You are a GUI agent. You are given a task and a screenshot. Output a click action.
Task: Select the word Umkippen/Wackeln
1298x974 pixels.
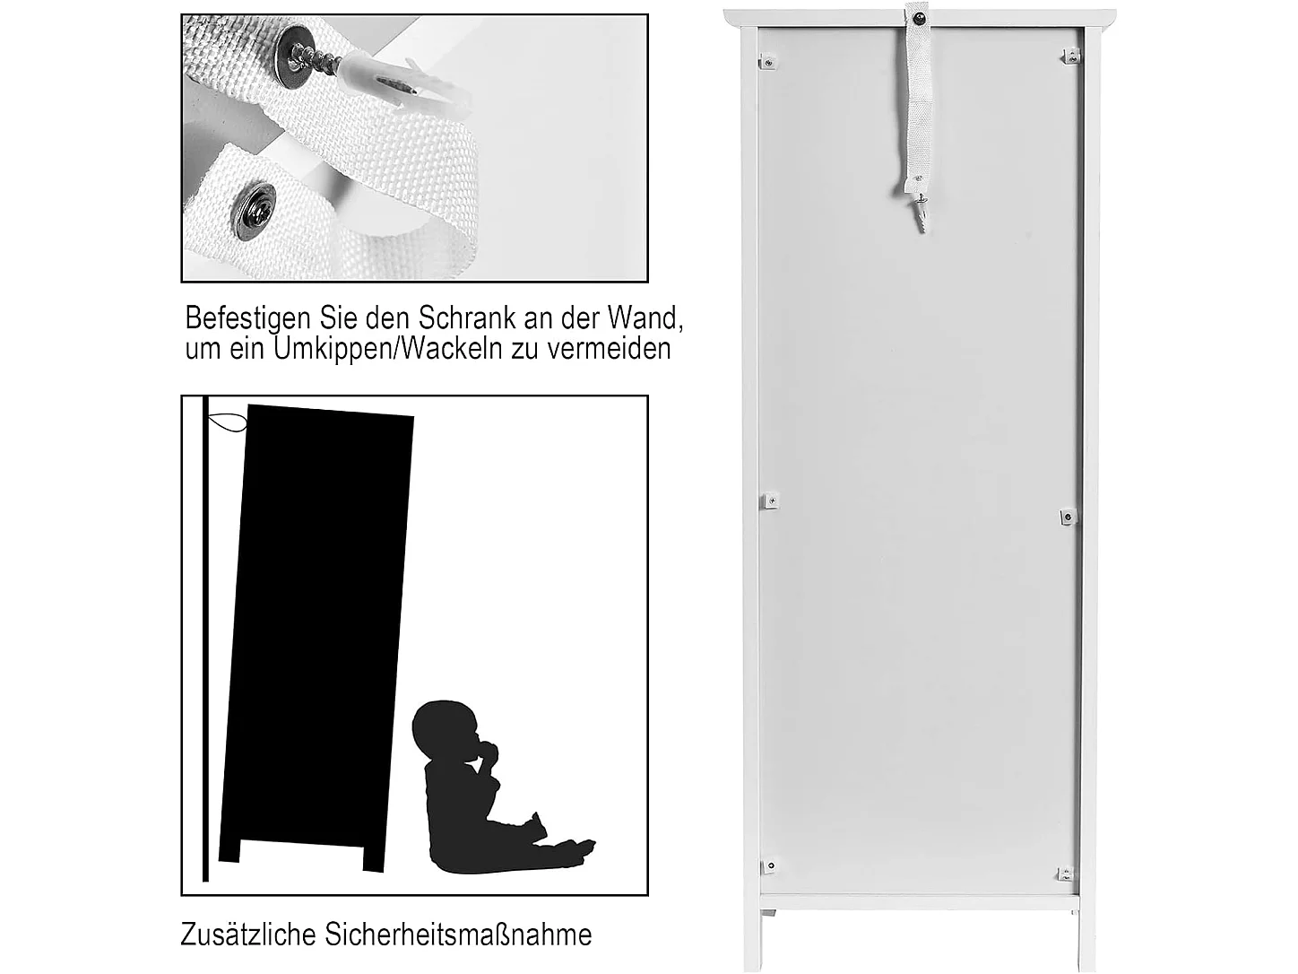388,348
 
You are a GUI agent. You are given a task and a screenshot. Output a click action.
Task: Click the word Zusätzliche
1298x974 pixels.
248,934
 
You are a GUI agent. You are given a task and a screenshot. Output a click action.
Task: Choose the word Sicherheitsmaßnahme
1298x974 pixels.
458,934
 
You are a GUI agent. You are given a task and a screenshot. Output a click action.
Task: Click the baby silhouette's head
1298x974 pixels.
441,727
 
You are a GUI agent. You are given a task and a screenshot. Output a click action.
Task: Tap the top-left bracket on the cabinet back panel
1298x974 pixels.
767,62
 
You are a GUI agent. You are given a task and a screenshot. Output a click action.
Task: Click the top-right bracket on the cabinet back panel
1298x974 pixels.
1069,57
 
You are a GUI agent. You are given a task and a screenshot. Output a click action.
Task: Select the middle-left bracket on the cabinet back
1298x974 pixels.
770,500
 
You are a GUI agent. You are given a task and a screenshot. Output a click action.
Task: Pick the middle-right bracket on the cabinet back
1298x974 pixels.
1067,517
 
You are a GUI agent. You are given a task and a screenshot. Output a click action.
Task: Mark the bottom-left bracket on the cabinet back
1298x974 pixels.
768,865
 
